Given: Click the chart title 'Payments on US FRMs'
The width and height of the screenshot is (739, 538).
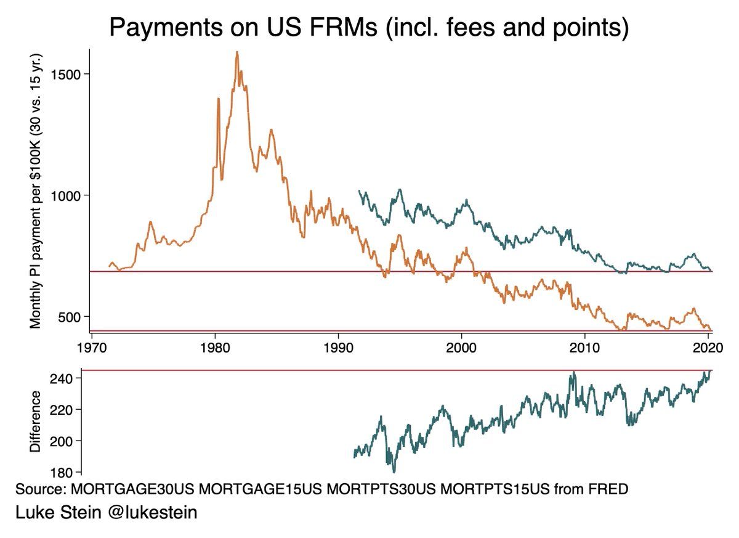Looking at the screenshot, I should coord(369,28).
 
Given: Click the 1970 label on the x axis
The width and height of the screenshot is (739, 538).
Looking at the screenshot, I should coord(92,347).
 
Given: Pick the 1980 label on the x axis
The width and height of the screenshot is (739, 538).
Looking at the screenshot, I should coord(215,347).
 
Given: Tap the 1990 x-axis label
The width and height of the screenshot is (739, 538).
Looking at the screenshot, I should coord(338,347).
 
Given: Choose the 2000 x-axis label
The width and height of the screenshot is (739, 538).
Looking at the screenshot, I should coord(461,347).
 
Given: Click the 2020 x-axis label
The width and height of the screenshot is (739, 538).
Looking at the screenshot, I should coord(706,347).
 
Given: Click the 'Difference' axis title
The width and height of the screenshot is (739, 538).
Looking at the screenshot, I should coord(35,422).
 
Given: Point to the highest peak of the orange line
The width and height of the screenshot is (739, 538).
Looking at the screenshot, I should coord(237,53).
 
